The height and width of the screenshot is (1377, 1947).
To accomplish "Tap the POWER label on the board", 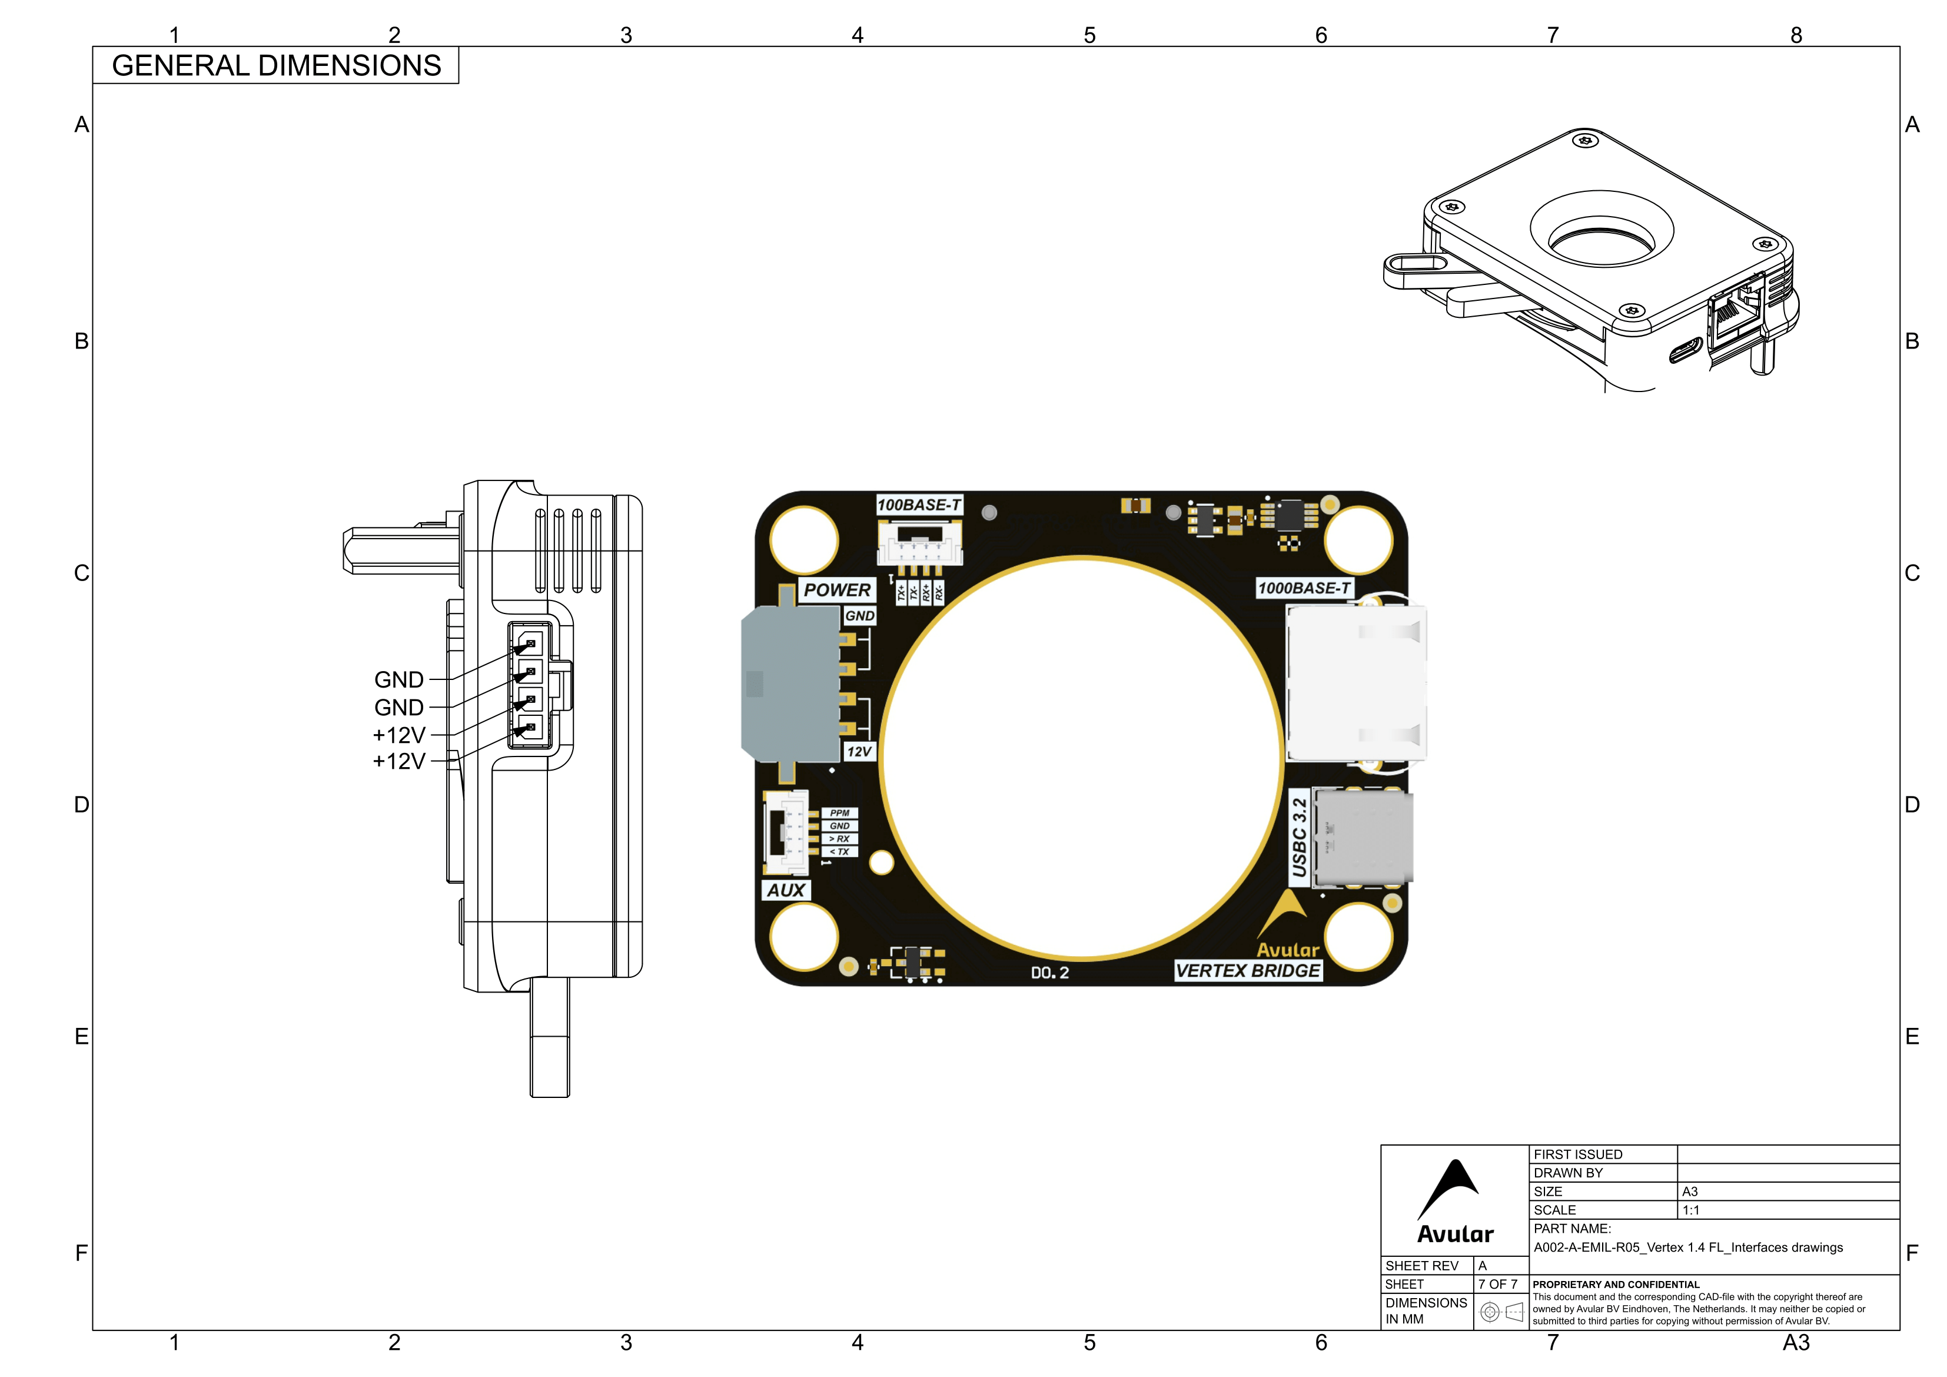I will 837,590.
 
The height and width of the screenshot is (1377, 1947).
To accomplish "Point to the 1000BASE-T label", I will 1303,588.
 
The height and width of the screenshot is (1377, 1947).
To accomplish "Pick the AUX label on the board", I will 785,890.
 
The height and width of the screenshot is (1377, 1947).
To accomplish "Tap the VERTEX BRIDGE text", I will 1247,971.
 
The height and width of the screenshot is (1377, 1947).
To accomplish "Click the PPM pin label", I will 839,813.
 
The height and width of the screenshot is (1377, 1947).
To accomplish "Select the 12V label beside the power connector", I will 859,752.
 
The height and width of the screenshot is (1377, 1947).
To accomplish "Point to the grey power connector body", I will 790,684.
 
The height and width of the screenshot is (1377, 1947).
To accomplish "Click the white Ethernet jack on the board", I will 1355,683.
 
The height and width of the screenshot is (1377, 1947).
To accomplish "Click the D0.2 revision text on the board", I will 1050,973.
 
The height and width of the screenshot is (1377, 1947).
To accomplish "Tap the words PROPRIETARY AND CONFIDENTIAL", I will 1616,1285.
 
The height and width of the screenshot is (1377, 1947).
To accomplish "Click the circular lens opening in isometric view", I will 1601,238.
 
